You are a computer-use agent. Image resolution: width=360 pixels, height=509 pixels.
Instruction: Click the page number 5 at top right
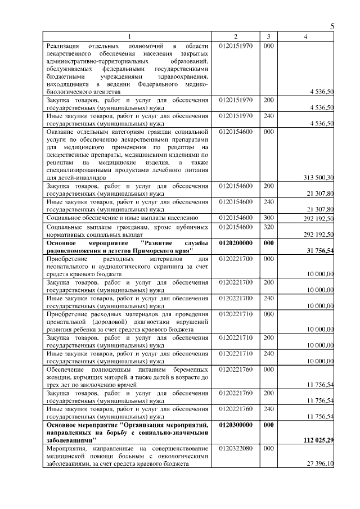click(332, 26)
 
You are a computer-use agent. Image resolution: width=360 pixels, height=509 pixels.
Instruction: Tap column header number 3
click(268, 37)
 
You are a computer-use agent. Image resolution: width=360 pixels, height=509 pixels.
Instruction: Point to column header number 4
click(305, 37)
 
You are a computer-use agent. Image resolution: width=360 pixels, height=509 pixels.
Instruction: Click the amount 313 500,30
click(318, 178)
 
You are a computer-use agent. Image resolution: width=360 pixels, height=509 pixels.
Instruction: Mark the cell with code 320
click(268, 227)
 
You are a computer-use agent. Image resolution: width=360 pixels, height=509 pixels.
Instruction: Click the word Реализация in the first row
click(63, 46)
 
